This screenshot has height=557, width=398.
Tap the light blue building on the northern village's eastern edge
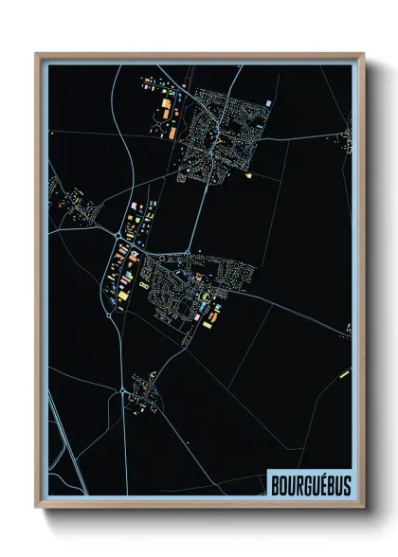point(270,102)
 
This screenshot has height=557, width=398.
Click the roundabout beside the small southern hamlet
point(123,389)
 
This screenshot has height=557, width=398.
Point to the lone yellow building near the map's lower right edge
point(338,376)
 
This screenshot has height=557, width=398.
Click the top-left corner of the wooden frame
point(37,53)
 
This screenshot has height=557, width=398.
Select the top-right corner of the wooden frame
point(364,53)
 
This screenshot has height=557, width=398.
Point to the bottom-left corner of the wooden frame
point(37,507)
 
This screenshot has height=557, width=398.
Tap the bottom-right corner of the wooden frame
point(364,507)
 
